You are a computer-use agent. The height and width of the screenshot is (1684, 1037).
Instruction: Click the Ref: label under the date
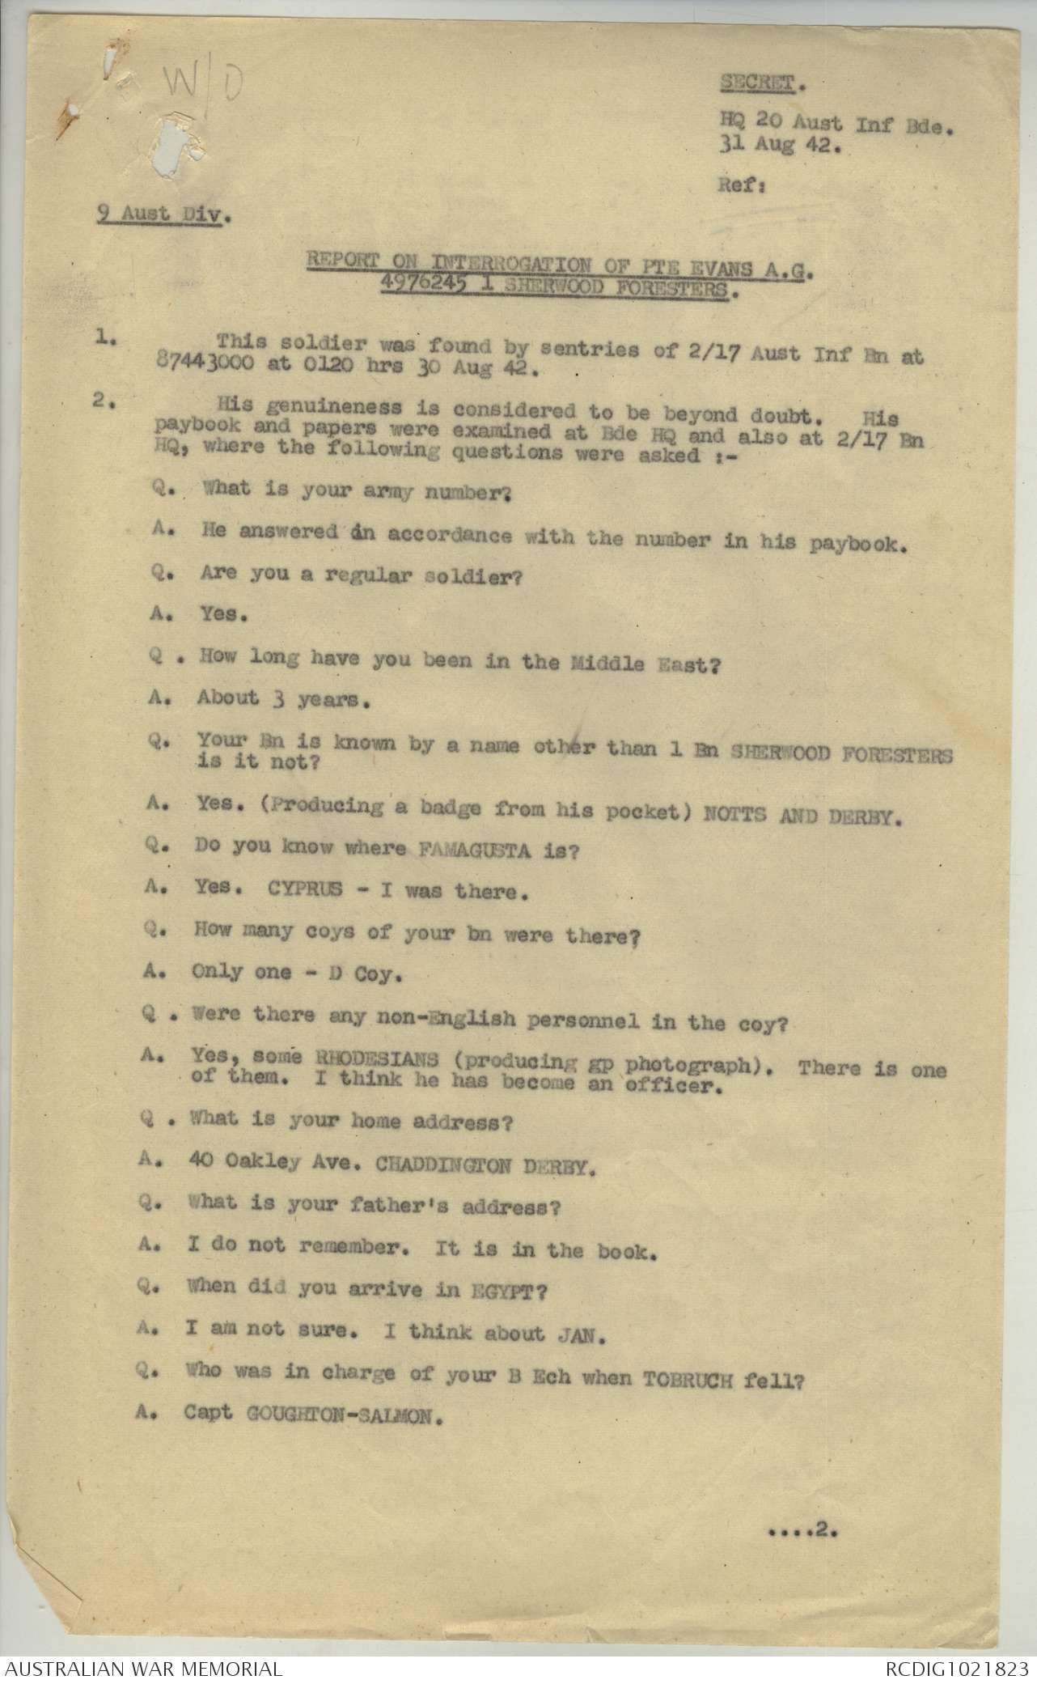pyautogui.click(x=738, y=184)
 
